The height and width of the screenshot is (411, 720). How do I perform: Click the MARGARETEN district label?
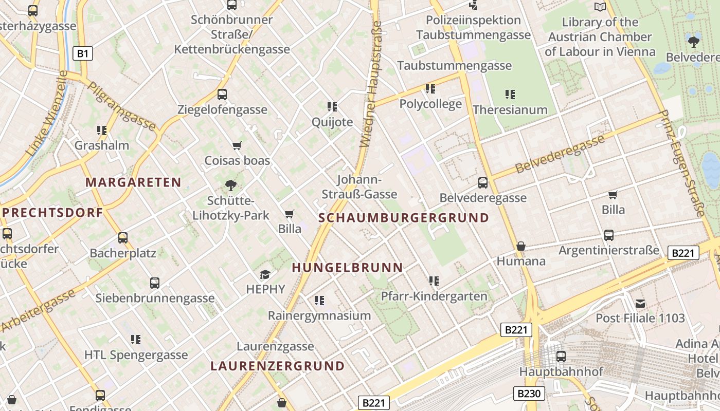coord(133,182)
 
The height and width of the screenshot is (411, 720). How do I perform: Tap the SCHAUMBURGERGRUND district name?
coord(404,218)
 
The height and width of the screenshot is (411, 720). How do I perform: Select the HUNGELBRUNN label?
coord(347,268)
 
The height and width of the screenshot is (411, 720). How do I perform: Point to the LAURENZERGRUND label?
coord(277,366)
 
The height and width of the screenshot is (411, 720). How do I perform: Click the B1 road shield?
coord(83,53)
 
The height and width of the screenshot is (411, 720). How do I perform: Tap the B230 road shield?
coord(529,394)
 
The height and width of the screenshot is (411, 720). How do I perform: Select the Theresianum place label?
coord(510,110)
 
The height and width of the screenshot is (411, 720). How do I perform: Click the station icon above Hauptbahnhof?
coord(561,356)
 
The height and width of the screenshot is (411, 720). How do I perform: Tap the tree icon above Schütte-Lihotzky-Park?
coord(231,185)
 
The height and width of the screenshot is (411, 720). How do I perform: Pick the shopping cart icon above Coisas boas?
coord(237,146)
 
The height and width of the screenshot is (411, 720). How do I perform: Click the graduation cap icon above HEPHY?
coord(265,275)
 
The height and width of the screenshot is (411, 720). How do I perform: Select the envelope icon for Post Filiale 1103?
coord(640,304)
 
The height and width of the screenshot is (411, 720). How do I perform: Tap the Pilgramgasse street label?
coord(121,106)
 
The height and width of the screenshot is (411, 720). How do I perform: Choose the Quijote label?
coord(332,122)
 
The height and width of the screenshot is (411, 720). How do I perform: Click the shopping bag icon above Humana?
coord(521,246)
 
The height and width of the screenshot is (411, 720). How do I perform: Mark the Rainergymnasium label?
coord(319,315)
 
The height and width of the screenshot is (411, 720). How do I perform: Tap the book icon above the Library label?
coord(600,7)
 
